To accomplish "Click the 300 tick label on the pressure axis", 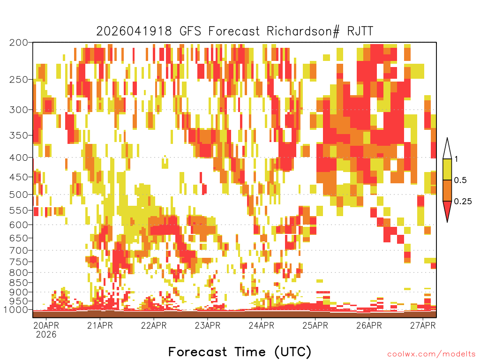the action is [x=19, y=110].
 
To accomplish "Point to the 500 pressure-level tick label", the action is [x=19, y=195].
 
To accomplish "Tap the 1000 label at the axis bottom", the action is [x=15, y=310].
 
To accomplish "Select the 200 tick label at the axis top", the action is [x=19, y=42].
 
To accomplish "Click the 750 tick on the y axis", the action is [x=19, y=262].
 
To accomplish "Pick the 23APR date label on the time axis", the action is [x=208, y=325].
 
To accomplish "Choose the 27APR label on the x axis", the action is [x=423, y=325].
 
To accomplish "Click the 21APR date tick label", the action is [x=100, y=325].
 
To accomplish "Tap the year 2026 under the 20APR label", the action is [x=46, y=334].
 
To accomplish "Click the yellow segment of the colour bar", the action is [x=447, y=169].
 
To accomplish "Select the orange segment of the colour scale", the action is [x=447, y=190].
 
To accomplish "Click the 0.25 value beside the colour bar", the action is [x=463, y=201].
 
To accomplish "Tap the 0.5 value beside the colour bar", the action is [x=460, y=180].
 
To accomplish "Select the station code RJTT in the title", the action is [x=360, y=31].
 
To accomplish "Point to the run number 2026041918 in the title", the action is [x=134, y=31].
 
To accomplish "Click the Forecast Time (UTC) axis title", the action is [x=240, y=352].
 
